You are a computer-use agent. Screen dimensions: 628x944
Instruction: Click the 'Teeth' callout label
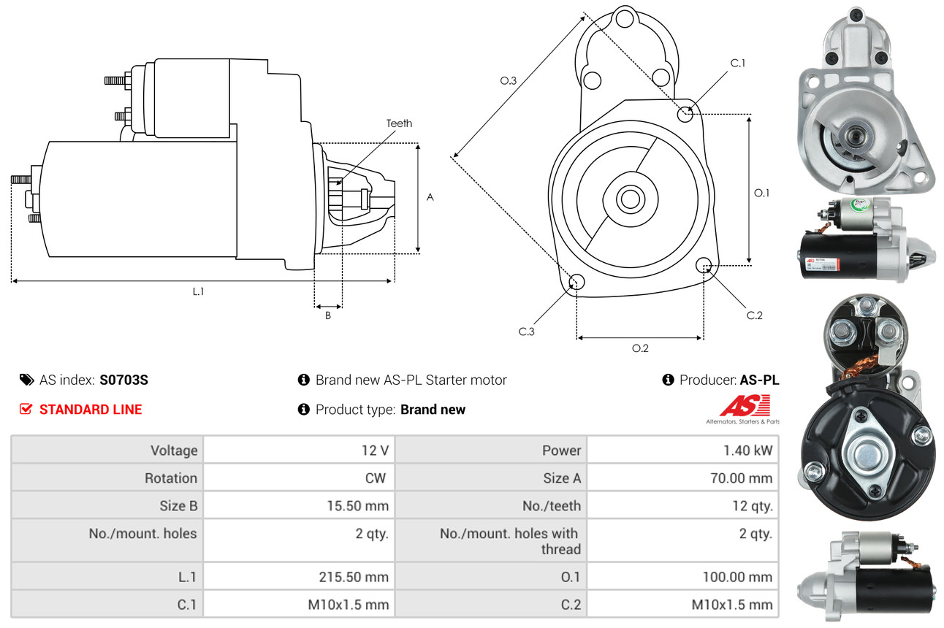click(399, 123)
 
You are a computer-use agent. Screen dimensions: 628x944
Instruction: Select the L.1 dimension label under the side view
click(198, 291)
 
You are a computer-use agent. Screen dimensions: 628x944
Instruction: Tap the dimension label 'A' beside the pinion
click(430, 197)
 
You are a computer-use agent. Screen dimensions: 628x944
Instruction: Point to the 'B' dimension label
click(328, 316)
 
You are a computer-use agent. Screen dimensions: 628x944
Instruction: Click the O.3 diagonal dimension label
click(509, 81)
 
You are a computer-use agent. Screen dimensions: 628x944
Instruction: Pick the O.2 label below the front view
click(640, 348)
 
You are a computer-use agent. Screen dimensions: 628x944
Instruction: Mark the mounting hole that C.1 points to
click(685, 114)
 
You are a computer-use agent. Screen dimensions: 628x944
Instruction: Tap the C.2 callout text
click(755, 315)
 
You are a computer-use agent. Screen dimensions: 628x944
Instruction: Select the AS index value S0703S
click(124, 380)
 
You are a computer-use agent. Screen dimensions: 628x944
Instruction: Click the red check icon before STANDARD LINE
click(26, 409)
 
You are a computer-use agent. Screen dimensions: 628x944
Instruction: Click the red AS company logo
click(745, 406)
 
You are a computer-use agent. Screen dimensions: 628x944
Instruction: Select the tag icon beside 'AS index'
click(26, 380)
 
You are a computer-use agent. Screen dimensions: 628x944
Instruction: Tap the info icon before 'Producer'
click(668, 380)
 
